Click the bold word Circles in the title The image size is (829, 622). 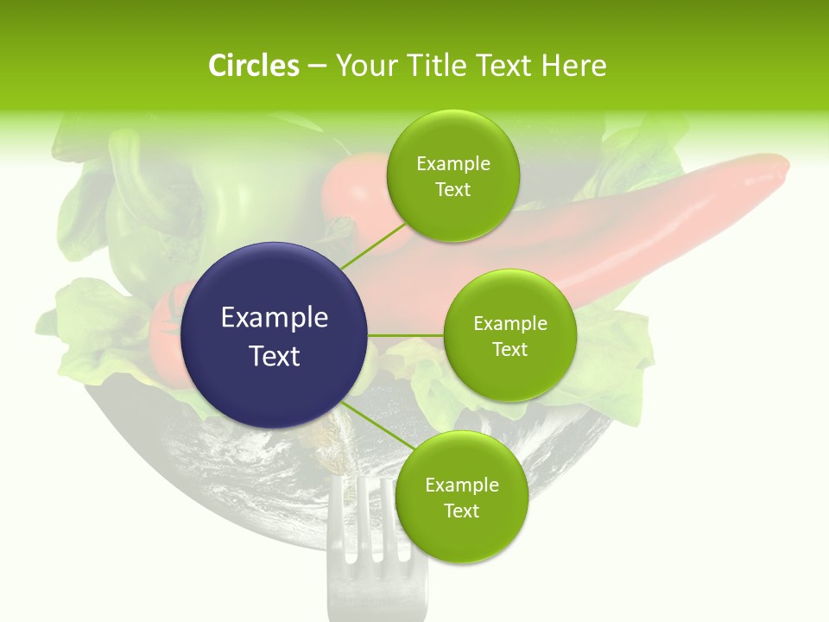[x=253, y=66]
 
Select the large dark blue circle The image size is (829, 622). [x=275, y=335]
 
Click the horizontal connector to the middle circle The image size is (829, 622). [x=406, y=335]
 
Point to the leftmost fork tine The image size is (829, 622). [x=335, y=527]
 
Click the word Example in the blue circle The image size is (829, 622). [x=275, y=318]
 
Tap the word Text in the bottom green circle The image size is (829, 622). [x=461, y=511]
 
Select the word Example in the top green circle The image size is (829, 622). [x=452, y=163]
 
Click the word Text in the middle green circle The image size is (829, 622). [x=509, y=349]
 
